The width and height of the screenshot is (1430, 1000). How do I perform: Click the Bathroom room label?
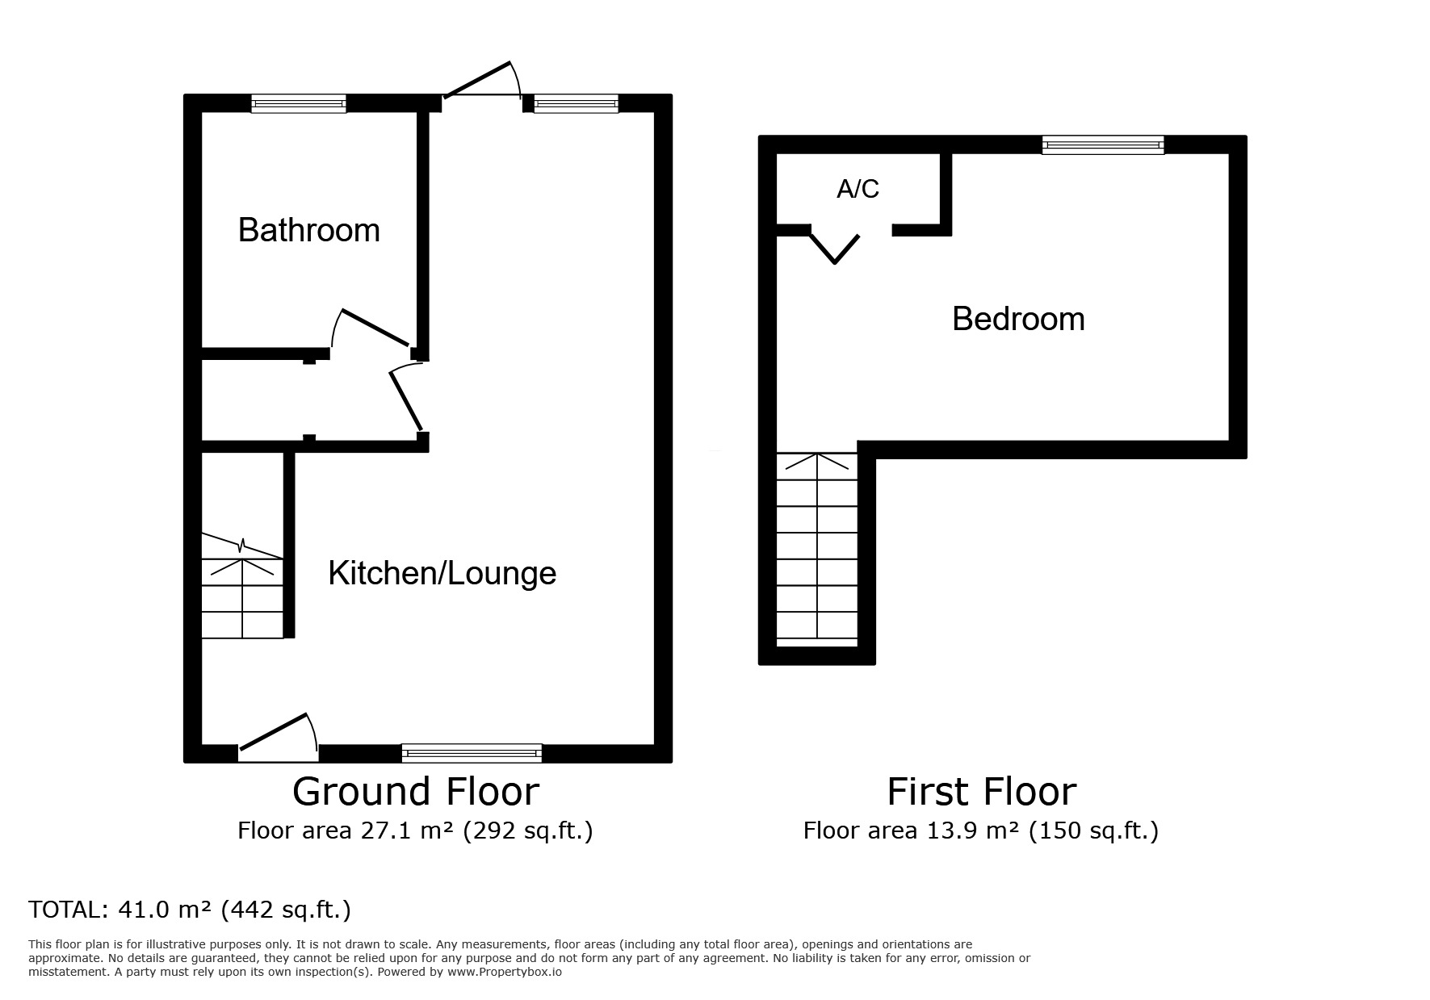(308, 231)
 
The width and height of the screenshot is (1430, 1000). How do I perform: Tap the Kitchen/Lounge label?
(442, 573)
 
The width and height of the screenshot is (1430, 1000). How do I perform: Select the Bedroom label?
(1017, 319)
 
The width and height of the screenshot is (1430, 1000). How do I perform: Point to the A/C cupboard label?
(858, 189)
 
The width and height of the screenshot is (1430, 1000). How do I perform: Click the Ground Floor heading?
(415, 792)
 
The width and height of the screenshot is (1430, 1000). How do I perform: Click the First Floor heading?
(981, 792)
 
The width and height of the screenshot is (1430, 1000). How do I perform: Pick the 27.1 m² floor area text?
(415, 831)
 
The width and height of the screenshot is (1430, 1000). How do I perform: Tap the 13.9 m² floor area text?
(980, 831)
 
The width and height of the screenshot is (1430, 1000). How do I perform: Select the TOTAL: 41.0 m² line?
(190, 910)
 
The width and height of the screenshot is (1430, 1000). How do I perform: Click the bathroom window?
(298, 103)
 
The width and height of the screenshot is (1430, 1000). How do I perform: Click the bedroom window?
(1102, 144)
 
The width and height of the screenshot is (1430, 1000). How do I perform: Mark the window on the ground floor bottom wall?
(472, 753)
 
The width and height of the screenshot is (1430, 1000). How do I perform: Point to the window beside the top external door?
(575, 103)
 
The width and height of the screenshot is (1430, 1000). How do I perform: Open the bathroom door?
(373, 328)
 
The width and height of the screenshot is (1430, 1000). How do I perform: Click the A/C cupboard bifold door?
(836, 246)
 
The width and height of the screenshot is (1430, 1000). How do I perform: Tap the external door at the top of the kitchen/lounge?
(481, 81)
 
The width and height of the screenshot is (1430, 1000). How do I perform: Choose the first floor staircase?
(817, 549)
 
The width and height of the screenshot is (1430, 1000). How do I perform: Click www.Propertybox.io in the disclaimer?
(505, 972)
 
